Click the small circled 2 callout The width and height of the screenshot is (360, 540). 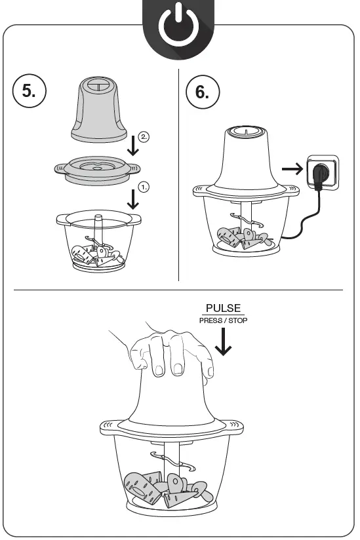point(144,136)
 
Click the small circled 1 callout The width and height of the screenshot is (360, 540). point(144,186)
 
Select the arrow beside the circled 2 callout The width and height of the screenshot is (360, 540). point(133,144)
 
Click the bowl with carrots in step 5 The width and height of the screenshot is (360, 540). point(96,242)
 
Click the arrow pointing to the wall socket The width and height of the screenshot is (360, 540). point(294,170)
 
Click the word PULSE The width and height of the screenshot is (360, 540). point(223,308)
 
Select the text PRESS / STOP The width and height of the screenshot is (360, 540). point(223,320)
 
